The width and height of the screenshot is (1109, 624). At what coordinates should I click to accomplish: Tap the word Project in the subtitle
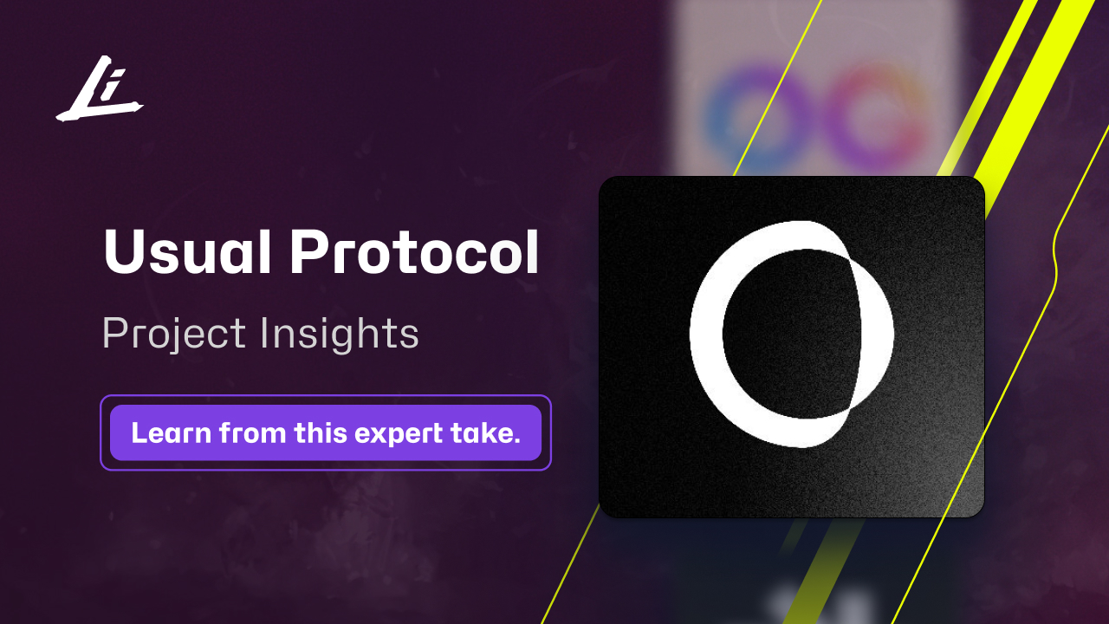173,335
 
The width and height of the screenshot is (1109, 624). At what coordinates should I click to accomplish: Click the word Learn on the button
171,432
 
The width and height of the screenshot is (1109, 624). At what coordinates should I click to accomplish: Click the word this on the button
315,432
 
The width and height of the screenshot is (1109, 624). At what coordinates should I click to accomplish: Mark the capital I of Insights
263,333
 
